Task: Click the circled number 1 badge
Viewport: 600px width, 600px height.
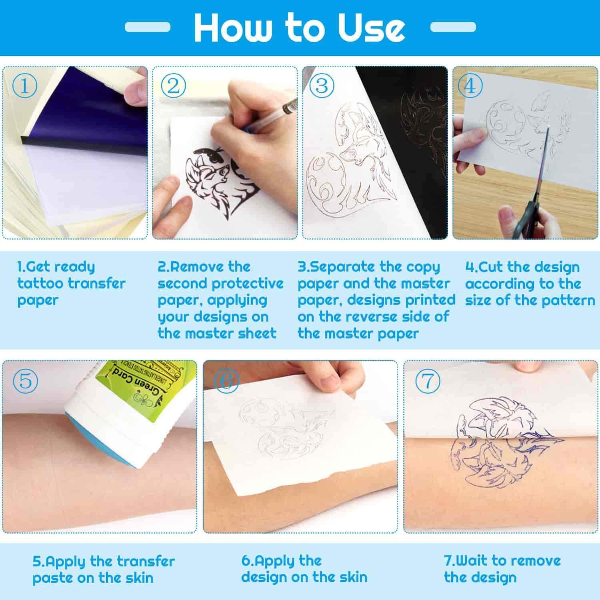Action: click(24, 86)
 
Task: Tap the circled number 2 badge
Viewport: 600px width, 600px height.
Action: click(173, 86)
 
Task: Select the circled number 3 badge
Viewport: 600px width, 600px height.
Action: click(322, 86)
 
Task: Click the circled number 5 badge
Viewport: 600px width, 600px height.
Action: click(25, 380)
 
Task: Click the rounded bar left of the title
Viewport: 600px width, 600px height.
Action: click(147, 27)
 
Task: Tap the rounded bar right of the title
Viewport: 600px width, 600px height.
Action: click(453, 27)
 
